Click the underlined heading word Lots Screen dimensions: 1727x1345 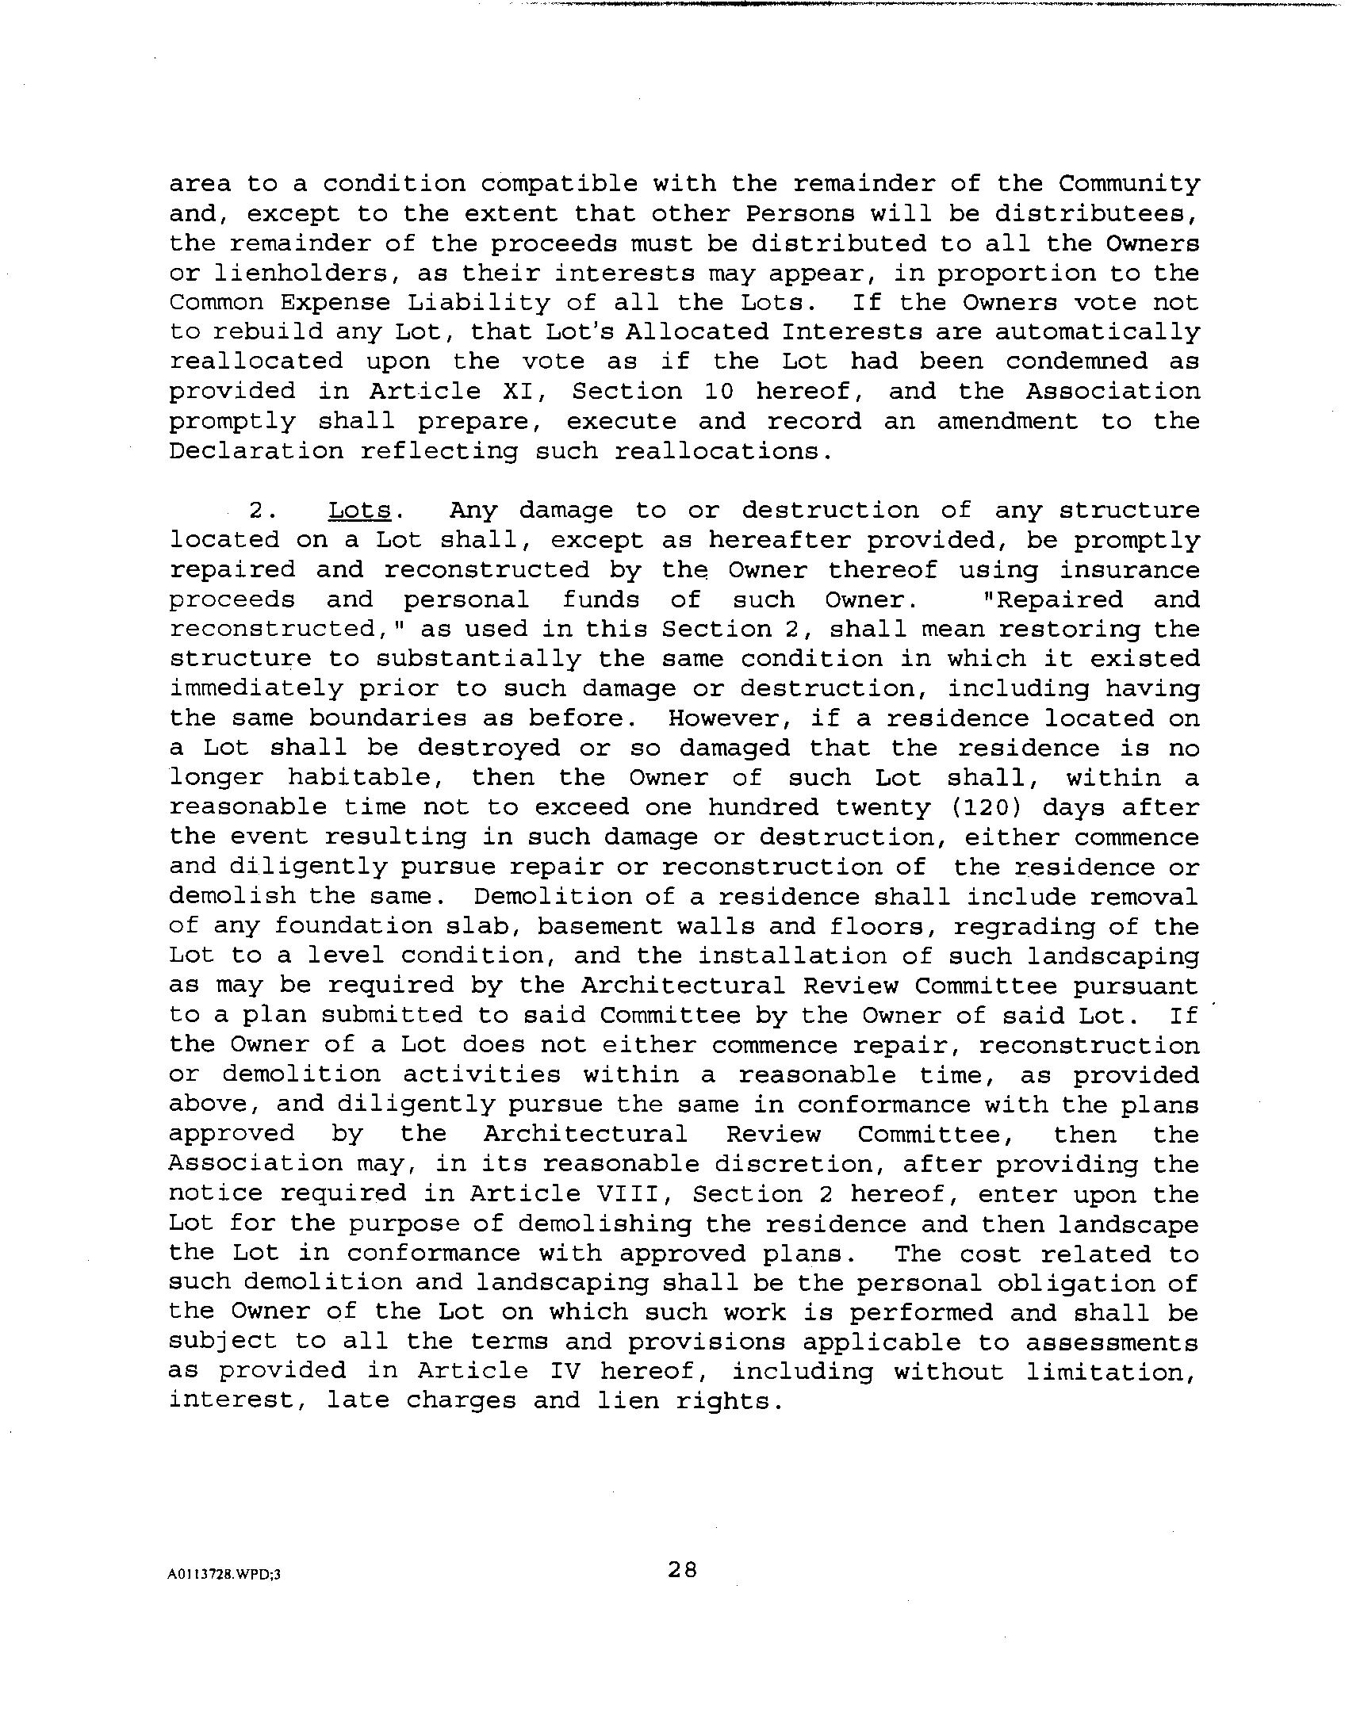tap(358, 511)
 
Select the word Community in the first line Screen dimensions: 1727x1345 tap(1129, 184)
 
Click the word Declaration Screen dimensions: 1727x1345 tap(257, 451)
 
